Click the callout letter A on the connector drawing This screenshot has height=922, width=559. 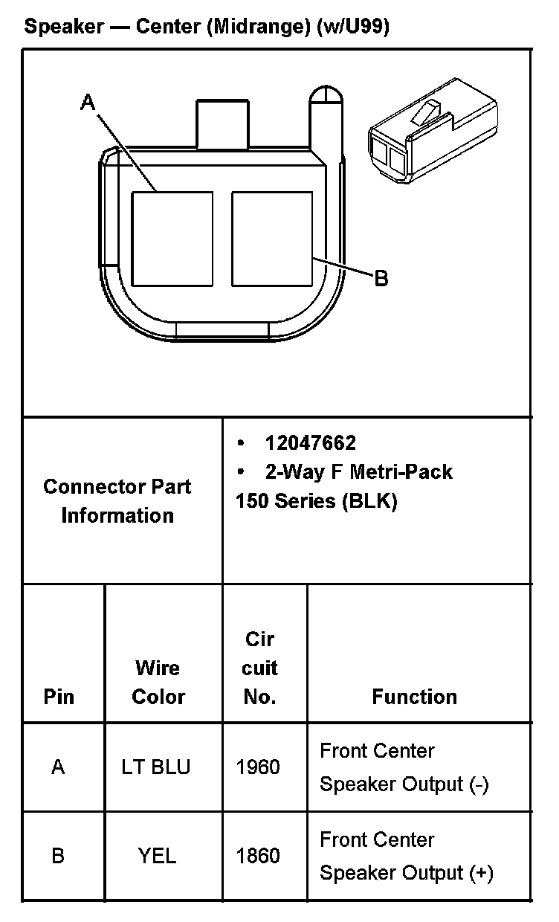[x=88, y=103]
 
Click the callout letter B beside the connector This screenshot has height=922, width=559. [x=381, y=279]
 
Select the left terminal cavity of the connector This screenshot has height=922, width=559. [x=172, y=239]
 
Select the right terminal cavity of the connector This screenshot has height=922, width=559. [x=271, y=239]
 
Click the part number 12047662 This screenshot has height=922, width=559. [x=310, y=443]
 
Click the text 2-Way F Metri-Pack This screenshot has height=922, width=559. [x=358, y=471]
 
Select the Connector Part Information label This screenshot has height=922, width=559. [x=117, y=500]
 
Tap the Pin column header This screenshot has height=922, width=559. [x=59, y=697]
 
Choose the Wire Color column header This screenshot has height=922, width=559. [x=158, y=683]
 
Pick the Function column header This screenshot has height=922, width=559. [x=414, y=697]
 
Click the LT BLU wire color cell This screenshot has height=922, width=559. [x=156, y=767]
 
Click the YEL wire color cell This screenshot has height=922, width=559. [x=157, y=856]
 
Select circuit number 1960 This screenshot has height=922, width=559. [x=258, y=767]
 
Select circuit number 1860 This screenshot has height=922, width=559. [x=258, y=856]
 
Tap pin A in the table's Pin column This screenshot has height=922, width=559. [x=58, y=767]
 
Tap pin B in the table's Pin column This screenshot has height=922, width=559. [x=58, y=856]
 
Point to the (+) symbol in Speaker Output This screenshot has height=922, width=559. [x=481, y=873]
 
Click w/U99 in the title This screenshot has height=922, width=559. [x=352, y=28]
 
